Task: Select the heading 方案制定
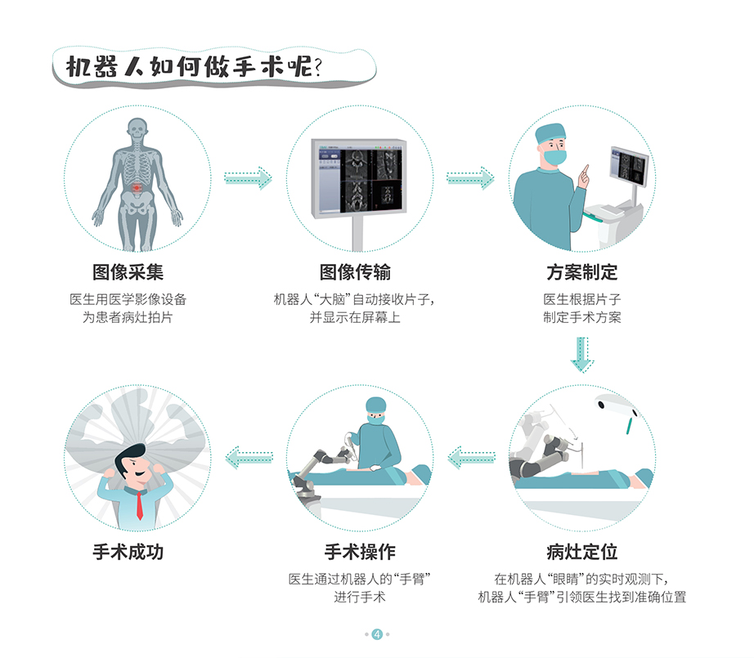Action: point(581,272)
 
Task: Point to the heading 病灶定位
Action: point(581,552)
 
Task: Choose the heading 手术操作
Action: point(360,552)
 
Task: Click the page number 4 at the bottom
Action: point(377,633)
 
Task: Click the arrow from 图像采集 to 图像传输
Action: point(248,177)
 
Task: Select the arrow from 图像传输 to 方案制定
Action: point(470,177)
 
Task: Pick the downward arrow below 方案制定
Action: point(581,354)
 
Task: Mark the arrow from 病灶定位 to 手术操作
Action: point(472,458)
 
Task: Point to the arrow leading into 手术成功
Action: point(249,458)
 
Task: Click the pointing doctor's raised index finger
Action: point(585,169)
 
